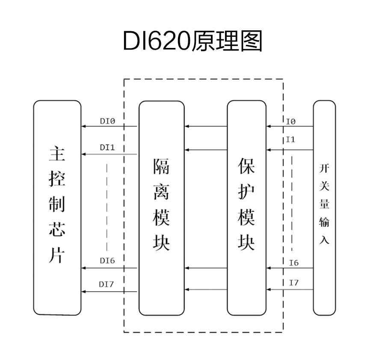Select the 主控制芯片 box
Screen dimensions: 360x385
[x=57, y=208]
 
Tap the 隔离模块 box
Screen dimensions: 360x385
[x=161, y=208]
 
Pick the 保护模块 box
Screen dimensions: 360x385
[x=246, y=208]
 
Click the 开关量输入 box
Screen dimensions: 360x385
[x=324, y=208]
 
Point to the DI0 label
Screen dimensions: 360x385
[x=107, y=122]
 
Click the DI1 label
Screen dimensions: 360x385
[x=107, y=147]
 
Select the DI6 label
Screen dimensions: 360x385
[x=107, y=260]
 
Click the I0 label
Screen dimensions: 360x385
[x=290, y=122]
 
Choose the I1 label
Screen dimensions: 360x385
[x=290, y=140]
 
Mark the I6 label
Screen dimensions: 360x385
[x=294, y=263]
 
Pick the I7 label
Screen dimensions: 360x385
[x=294, y=283]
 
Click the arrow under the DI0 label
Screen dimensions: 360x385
[x=109, y=126]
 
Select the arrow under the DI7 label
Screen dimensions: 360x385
[x=109, y=292]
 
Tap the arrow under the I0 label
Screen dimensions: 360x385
[x=290, y=126]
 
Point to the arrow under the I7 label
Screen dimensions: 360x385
[x=290, y=290]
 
